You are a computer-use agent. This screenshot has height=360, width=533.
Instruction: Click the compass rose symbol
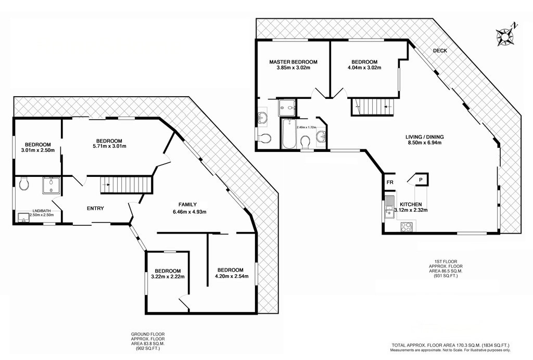coord(505,35)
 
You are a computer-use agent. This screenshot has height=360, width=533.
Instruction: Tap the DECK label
coord(440,50)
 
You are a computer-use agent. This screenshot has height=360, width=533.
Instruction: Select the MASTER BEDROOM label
coord(294,62)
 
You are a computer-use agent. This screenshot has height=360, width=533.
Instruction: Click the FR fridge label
coord(390,183)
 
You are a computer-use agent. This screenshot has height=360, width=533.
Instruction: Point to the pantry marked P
coord(421,179)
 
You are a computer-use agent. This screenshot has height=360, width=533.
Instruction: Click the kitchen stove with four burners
coord(407,226)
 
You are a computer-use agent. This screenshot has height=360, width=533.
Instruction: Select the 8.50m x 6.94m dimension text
coord(425,143)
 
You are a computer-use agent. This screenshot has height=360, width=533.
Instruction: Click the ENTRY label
coord(95,208)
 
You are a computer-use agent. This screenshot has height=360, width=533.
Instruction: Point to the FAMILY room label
coord(187,204)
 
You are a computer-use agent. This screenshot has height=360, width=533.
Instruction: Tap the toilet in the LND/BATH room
coord(24,184)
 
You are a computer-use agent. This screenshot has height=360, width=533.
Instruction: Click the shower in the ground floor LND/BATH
coord(52,186)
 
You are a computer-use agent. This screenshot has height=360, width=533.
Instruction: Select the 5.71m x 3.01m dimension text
coord(109,146)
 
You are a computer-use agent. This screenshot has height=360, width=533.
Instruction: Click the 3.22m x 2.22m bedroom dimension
coord(168,276)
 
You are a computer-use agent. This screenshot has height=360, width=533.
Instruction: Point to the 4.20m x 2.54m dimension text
coord(232,276)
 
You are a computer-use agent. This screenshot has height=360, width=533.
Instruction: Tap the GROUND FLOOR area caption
coord(148,341)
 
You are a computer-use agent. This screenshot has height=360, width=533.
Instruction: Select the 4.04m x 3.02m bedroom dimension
coord(364,67)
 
